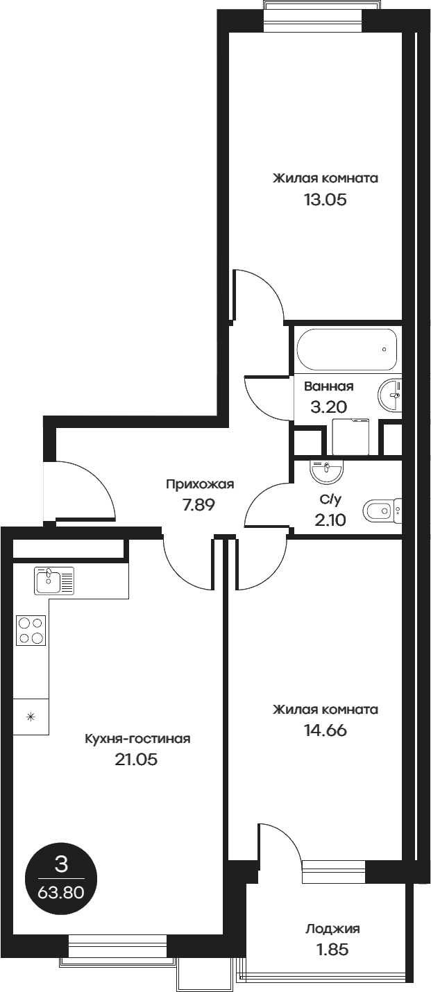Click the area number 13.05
[324, 200]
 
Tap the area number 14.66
[324, 730]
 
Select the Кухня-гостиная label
[137, 739]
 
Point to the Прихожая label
[199, 484]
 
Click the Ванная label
[329, 386]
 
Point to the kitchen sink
[54, 580]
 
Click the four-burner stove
[31, 631]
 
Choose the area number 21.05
[137, 760]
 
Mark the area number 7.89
[199, 505]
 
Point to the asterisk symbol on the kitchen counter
[31, 717]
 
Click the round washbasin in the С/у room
[327, 472]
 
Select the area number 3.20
[328, 407]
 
